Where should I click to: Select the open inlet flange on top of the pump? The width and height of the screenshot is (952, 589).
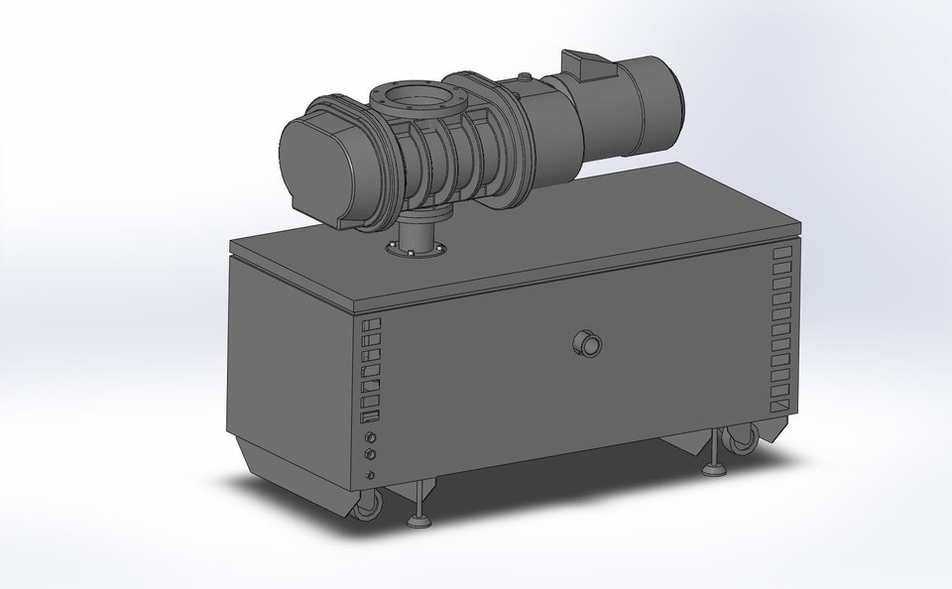click(x=409, y=99)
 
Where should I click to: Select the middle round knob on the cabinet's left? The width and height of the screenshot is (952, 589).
click(x=372, y=455)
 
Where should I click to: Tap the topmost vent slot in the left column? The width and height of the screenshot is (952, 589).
click(x=372, y=325)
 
